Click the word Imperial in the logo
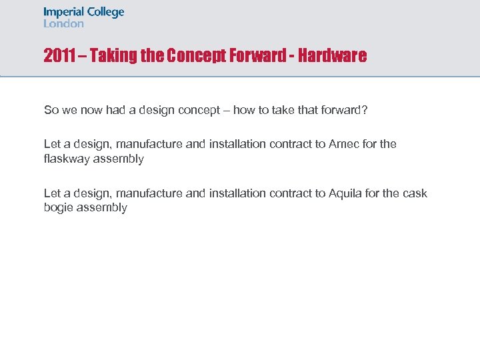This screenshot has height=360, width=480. tap(64, 13)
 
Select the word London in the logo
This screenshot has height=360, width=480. tap(64, 23)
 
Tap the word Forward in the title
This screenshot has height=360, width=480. tap(257, 56)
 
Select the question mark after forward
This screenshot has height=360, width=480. tap(365, 110)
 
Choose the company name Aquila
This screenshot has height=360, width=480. tap(345, 193)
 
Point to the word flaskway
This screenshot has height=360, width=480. tap(67, 159)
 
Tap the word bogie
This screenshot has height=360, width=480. tap(58, 208)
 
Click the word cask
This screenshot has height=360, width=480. tap(414, 193)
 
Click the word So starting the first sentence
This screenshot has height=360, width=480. tap(51, 110)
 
